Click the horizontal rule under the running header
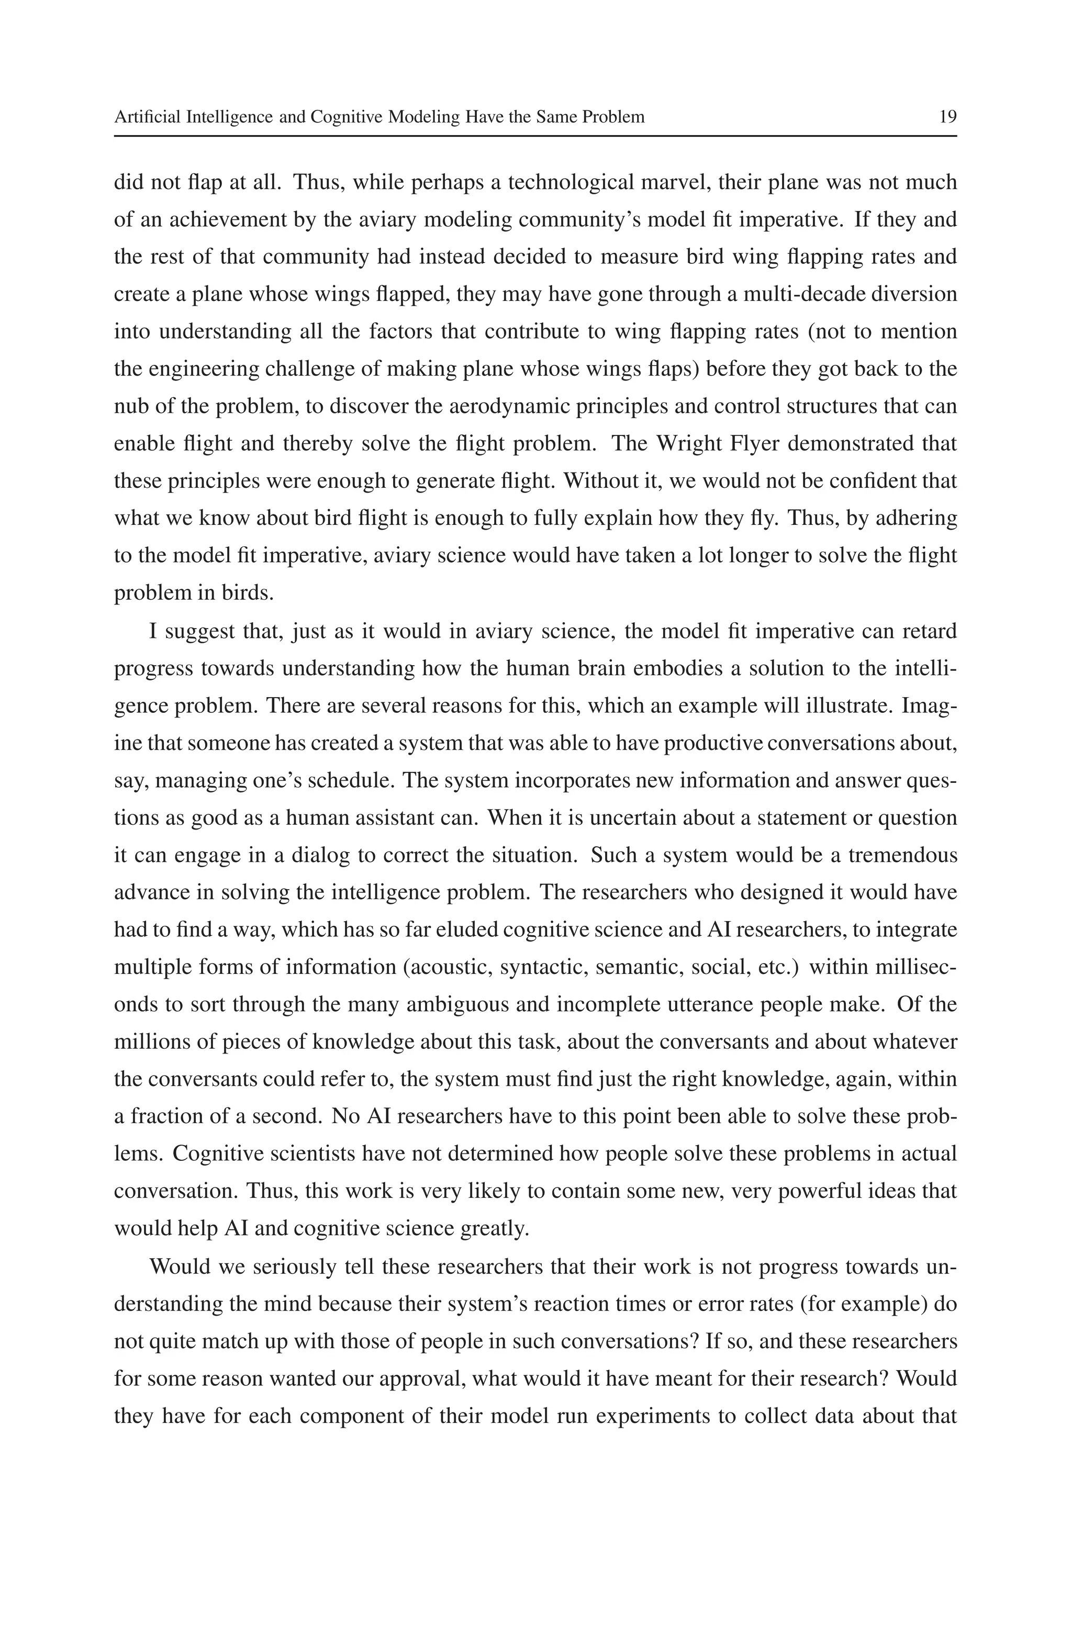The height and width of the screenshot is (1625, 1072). (535, 136)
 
